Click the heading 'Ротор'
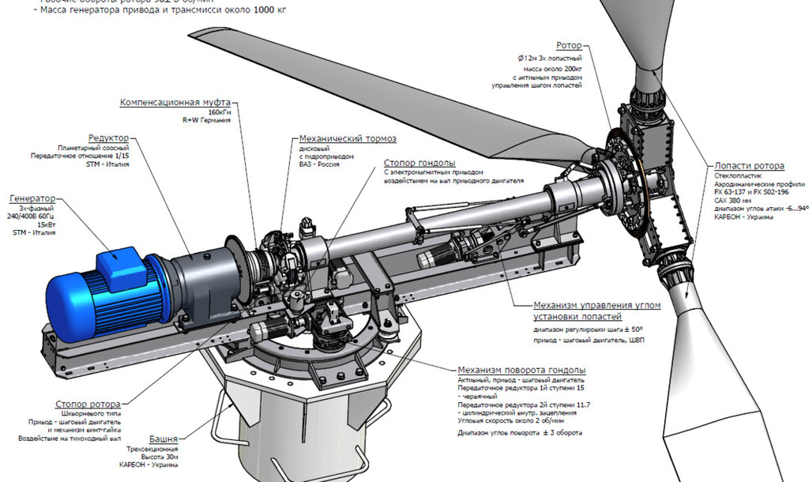tap(569, 47)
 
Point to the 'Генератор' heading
tap(32, 198)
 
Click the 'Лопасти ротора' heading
tap(749, 166)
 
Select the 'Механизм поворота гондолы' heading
tap(521, 370)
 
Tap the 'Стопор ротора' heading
tap(88, 404)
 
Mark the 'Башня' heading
tap(163, 438)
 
